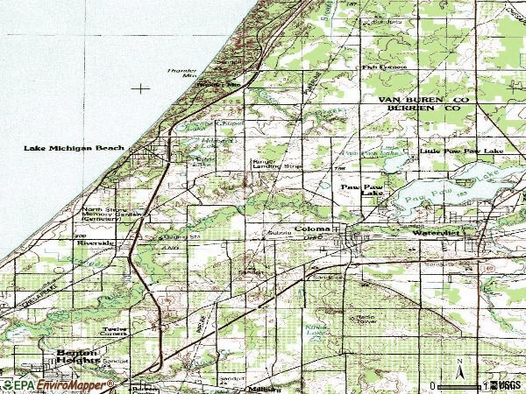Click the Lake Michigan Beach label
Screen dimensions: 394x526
pos(75,149)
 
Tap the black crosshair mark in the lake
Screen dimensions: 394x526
pos(140,88)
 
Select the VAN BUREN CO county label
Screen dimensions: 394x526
pos(419,102)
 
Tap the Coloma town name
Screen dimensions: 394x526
pos(311,229)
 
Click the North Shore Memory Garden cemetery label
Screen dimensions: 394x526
pos(110,214)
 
